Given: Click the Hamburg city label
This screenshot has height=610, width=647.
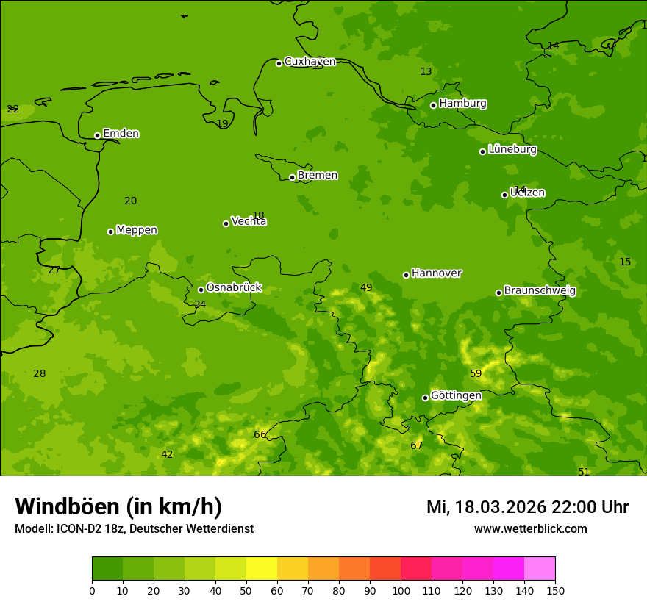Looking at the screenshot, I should pos(462,104).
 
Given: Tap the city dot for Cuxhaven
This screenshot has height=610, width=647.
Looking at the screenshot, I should pos(279,63).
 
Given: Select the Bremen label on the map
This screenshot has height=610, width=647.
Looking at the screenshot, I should pos(318,176).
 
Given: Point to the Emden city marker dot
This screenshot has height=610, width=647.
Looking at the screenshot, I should pos(97,135).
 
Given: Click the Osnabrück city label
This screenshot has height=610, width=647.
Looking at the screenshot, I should pos(234,288).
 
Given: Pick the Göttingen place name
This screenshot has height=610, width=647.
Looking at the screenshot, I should pos(456,396).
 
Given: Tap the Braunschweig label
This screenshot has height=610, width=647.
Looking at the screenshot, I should pos(540,291).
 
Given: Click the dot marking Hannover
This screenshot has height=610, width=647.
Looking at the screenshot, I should pos(406,275).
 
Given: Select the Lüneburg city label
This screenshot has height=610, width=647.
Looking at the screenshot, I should pos(512,150).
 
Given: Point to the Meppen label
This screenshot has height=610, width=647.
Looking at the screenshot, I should pos(137,231).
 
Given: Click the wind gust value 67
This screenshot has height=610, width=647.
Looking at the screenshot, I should pos(417,446).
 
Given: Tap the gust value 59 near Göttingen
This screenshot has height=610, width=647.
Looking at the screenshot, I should pos(476,374).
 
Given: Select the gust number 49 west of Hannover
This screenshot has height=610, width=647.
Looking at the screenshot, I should pos(366,288).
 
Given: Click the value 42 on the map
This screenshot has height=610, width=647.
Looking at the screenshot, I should pos(167,455).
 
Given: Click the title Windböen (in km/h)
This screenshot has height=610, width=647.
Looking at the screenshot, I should pos(118,507).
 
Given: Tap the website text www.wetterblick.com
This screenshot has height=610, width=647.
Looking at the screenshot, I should pos(531,529).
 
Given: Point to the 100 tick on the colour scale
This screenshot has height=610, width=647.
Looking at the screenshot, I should pos(401,590).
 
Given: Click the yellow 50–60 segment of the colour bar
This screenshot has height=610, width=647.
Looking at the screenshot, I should pos(262,569).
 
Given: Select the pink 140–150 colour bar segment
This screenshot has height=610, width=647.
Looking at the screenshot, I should pos(540,569).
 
